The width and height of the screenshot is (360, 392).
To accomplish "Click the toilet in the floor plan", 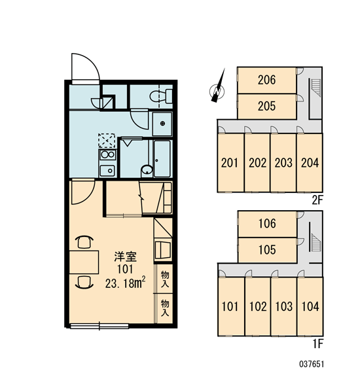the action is [x=161, y=96].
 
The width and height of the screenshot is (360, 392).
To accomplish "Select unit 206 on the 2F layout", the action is [x=267, y=80].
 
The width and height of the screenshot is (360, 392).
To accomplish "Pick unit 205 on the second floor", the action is [x=267, y=106].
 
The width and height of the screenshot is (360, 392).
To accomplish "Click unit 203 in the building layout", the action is [x=283, y=163].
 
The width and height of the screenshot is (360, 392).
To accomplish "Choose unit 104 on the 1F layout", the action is [x=310, y=306].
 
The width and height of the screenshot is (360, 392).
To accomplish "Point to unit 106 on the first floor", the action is [x=267, y=224].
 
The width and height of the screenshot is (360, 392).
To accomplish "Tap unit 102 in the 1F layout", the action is [x=258, y=306].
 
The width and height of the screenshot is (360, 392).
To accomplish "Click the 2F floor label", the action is [x=317, y=200].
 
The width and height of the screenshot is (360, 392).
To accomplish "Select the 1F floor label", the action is [x=318, y=344].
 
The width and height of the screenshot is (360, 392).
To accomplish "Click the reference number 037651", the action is [x=312, y=364].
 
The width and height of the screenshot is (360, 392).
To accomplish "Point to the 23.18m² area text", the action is [x=125, y=283].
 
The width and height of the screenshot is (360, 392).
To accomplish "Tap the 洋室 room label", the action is [x=125, y=257].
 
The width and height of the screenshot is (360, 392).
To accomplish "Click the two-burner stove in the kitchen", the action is [x=108, y=155].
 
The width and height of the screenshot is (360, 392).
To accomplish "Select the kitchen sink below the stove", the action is [x=107, y=171].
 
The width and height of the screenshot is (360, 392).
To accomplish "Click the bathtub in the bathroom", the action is [x=162, y=159].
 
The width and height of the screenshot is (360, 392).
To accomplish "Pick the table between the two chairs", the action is [x=84, y=262].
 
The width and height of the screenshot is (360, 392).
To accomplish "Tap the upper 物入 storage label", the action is [x=165, y=279].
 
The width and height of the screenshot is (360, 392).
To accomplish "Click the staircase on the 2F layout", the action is [x=315, y=87].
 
